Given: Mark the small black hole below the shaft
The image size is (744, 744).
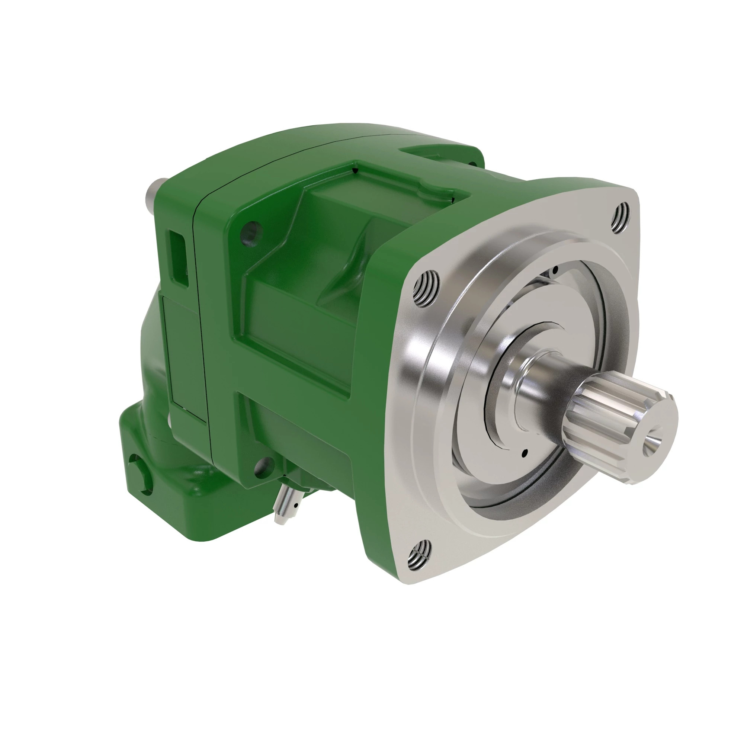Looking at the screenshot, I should tap(525, 453).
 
